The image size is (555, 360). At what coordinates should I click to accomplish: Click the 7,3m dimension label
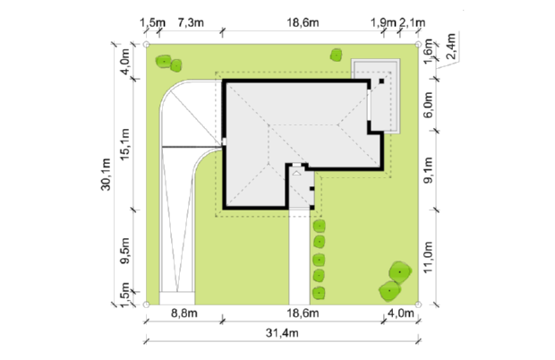pos(191,23)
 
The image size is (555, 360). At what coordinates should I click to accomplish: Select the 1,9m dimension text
pos(383,23)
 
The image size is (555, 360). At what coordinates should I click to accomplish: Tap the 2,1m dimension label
pos(413,23)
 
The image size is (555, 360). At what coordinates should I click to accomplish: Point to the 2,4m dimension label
pos(450,47)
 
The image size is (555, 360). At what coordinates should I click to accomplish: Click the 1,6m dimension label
pos(428,51)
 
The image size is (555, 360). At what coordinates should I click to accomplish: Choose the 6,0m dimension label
pos(428,105)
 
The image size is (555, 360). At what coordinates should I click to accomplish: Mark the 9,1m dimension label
pos(428,170)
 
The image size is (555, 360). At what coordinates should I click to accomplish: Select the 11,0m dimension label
pos(428,257)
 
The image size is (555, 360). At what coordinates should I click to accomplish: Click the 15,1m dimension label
pos(125,144)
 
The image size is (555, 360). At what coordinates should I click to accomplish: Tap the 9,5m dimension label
pos(125,251)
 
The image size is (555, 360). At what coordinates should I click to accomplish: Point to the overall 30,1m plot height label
pos(106,175)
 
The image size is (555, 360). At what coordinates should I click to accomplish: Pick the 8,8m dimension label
pos(184,313)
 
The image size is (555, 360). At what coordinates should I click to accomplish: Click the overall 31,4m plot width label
pos(282,333)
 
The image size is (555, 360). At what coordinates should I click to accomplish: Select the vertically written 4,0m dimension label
pos(125,62)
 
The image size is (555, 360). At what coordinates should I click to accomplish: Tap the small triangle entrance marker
pos(296,173)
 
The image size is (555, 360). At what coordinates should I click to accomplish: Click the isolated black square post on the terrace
pos(381,81)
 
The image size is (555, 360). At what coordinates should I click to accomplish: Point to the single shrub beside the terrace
pos(336,56)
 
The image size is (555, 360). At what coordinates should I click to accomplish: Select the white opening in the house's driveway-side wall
pos(224,141)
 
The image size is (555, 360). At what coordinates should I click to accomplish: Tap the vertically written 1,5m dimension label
pos(125,295)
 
